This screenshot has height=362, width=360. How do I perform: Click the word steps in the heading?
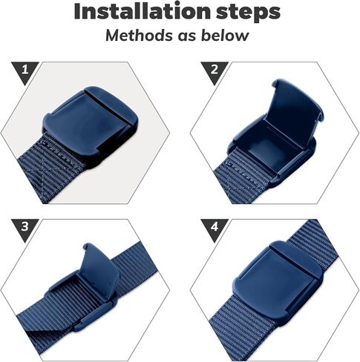248,13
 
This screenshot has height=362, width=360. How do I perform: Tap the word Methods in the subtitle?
139,35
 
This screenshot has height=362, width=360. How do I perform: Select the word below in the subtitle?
225,35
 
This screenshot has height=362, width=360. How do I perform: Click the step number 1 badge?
24,70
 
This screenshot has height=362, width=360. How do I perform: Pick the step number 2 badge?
215,70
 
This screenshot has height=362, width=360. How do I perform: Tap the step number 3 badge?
24,227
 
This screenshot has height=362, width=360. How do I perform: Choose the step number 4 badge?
215,227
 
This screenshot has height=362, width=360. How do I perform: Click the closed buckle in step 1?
91,124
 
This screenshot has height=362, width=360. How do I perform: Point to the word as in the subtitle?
187,36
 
